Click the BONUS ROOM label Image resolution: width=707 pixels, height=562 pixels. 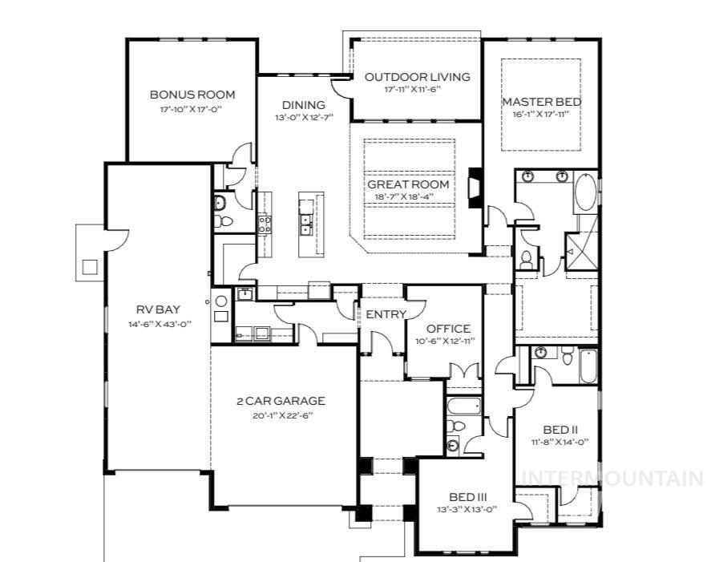[x=192, y=95]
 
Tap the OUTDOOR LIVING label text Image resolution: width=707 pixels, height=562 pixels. [x=417, y=77]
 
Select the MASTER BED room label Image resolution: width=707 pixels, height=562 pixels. [x=541, y=102]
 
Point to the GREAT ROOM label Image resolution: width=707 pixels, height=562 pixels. [x=408, y=184]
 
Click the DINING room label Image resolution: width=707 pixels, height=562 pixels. [x=303, y=105]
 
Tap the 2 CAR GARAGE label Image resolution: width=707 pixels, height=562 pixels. [x=281, y=401]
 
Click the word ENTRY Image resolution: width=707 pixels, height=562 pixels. [x=386, y=313]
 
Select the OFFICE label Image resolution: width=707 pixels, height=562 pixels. [x=448, y=329]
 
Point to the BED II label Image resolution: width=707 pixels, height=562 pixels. [x=555, y=429]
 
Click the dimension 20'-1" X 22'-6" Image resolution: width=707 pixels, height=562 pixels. [x=281, y=414]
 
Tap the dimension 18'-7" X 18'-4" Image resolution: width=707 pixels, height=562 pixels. [x=408, y=196]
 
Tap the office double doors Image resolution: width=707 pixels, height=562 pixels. [x=463, y=371]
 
